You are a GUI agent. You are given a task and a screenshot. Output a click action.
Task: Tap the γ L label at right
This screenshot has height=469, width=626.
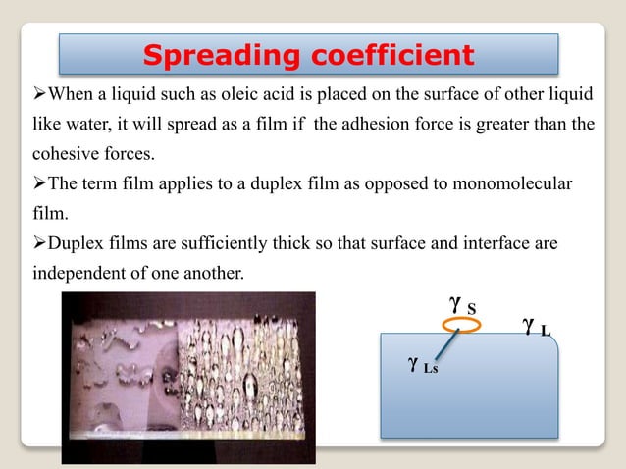coord(536,327)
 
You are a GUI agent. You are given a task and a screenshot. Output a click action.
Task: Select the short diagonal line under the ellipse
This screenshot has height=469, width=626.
coord(447,341)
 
